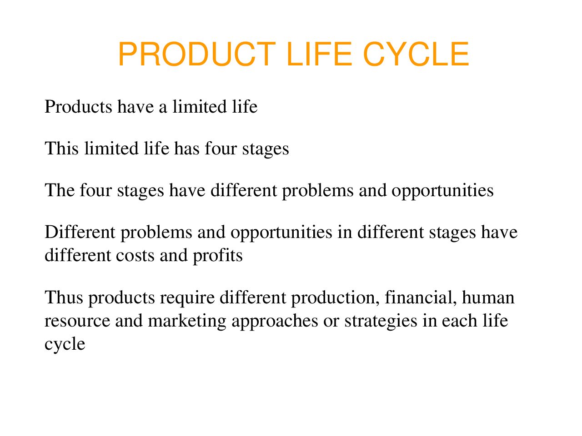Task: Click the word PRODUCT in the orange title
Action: click(197, 54)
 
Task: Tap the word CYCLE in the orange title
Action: click(416, 54)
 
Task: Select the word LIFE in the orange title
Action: click(319, 54)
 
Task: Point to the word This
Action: click(61, 148)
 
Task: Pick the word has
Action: click(187, 148)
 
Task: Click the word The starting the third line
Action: click(60, 190)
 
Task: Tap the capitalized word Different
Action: click(80, 232)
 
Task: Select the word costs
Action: click(135, 255)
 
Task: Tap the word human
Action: click(488, 297)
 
